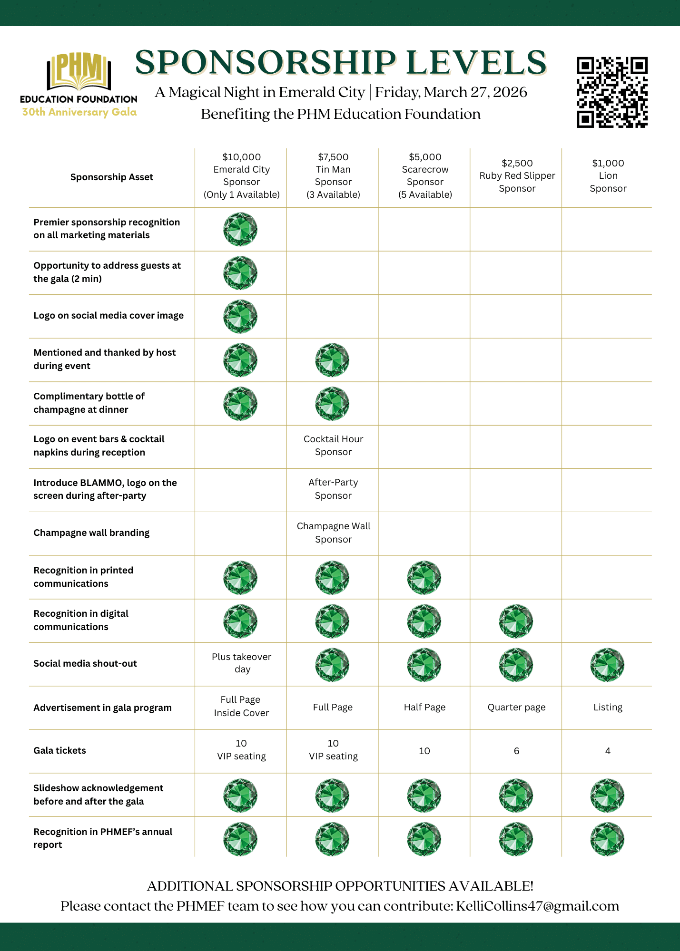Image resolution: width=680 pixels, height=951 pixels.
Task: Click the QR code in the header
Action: point(612,92)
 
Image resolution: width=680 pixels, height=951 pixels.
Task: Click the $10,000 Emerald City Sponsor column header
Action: point(241,175)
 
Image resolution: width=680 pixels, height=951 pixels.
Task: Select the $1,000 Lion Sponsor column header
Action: point(608,175)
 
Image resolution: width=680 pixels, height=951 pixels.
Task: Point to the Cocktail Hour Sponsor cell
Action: point(333,446)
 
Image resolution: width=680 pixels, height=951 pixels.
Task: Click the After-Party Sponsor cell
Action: point(333,489)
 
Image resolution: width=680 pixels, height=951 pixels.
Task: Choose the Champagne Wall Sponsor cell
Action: point(333,533)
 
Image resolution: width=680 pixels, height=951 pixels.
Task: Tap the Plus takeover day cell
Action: point(241,663)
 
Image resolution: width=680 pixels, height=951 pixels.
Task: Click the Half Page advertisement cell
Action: point(424,707)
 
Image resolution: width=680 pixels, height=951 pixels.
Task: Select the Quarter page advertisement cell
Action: point(516,707)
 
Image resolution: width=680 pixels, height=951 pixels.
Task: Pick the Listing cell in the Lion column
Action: point(608,707)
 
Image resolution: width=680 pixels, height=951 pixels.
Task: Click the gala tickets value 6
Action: point(516,751)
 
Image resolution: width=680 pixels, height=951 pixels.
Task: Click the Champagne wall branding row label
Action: point(91,533)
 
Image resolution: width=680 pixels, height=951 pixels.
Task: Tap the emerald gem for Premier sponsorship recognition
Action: point(240,229)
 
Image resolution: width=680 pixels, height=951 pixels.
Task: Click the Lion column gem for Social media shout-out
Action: point(607,664)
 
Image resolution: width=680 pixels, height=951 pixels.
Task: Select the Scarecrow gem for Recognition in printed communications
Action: point(424,577)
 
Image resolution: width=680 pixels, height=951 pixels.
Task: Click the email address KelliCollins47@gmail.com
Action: point(537,906)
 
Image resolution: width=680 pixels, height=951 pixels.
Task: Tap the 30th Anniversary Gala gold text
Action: point(79,112)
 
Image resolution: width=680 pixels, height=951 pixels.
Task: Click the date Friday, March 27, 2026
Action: point(451,92)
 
